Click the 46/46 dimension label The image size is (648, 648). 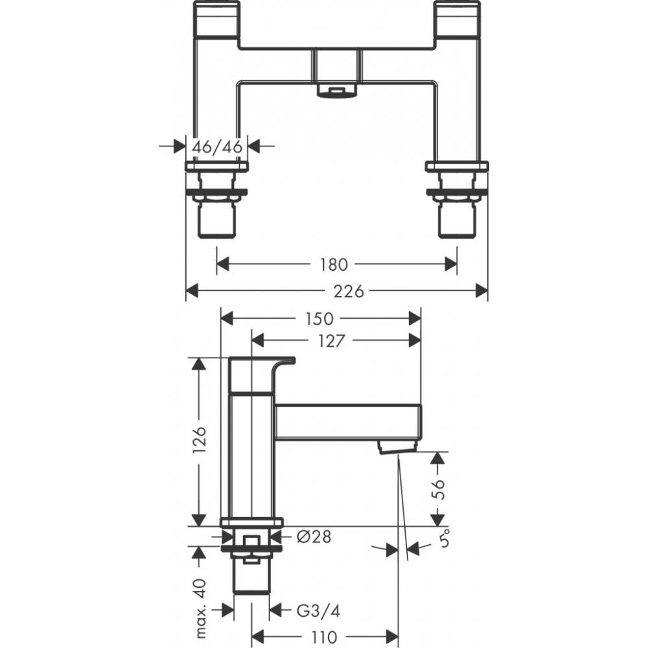coord(217,147)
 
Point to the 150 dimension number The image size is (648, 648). coord(319,318)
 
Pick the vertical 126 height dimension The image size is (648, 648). coord(200,441)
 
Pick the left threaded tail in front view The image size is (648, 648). coord(216,217)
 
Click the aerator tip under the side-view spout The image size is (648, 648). coord(395,446)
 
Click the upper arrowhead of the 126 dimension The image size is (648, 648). coord(200,364)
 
